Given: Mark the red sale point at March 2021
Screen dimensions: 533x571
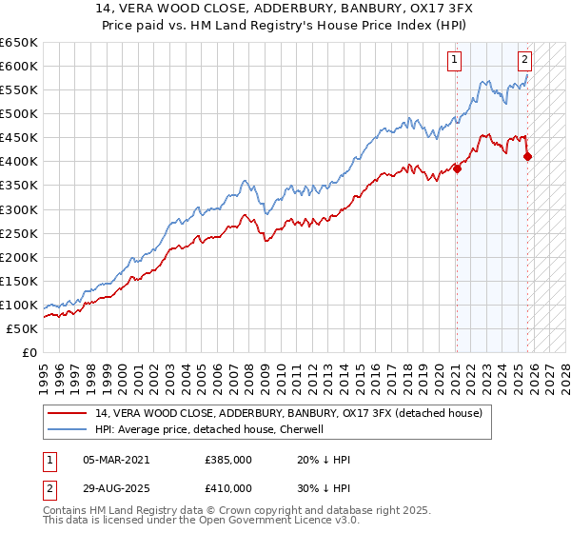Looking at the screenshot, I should (457, 168).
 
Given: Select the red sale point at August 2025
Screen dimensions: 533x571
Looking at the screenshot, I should (527, 157).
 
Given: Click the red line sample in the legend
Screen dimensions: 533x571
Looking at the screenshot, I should (69, 413).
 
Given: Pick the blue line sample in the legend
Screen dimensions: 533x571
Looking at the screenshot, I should (69, 429).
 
